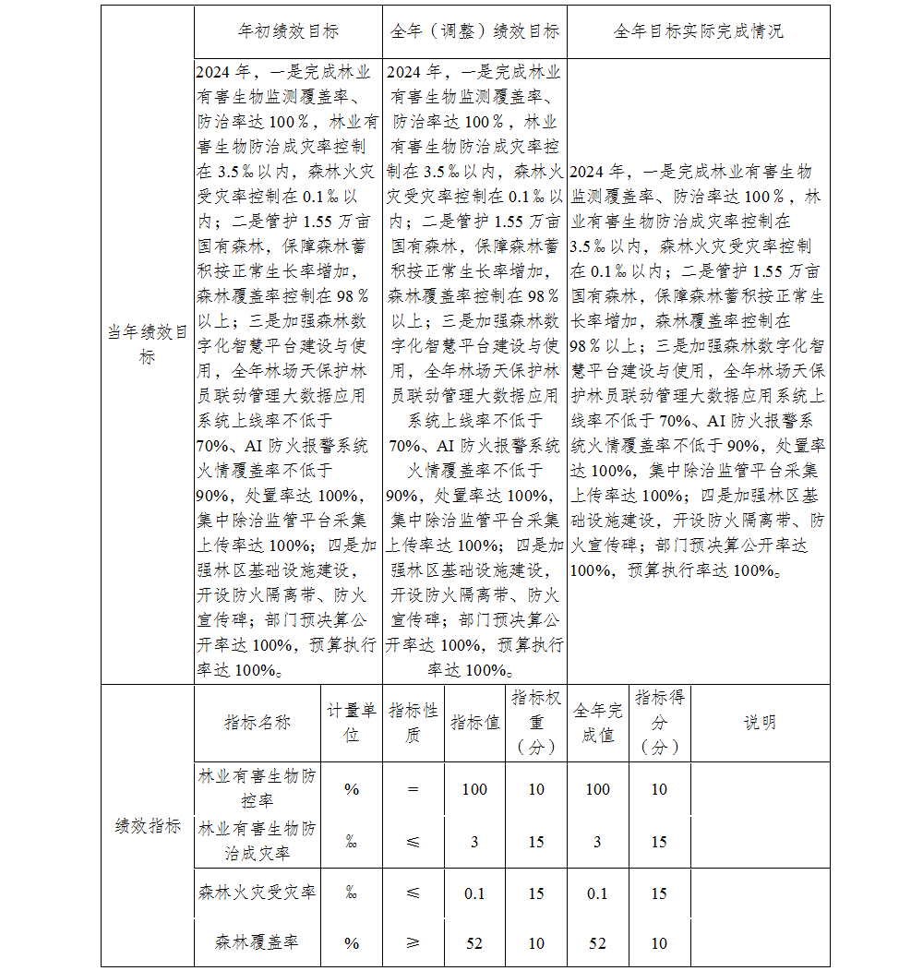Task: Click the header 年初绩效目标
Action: coord(288,31)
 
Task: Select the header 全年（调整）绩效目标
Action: coord(474,31)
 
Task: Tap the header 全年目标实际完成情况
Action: coord(698,31)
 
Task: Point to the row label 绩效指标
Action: coord(148,826)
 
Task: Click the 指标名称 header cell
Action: coord(257,723)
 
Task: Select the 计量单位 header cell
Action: coord(352,723)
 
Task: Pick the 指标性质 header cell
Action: coord(413,723)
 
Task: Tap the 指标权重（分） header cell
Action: coord(536,723)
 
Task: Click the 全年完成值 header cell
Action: coord(598,723)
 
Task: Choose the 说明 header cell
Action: coord(760,723)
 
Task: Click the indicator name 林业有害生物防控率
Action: coord(257,788)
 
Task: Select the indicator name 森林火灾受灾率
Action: coord(257,893)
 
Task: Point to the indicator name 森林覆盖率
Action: coord(257,942)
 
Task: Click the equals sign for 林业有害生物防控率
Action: coord(413,789)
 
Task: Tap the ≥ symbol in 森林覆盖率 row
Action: coord(413,942)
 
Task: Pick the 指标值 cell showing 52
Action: coord(474,942)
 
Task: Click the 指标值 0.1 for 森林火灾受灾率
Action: coord(474,893)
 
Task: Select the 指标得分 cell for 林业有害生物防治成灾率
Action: coord(659,842)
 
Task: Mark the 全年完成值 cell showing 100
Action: coord(598,789)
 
